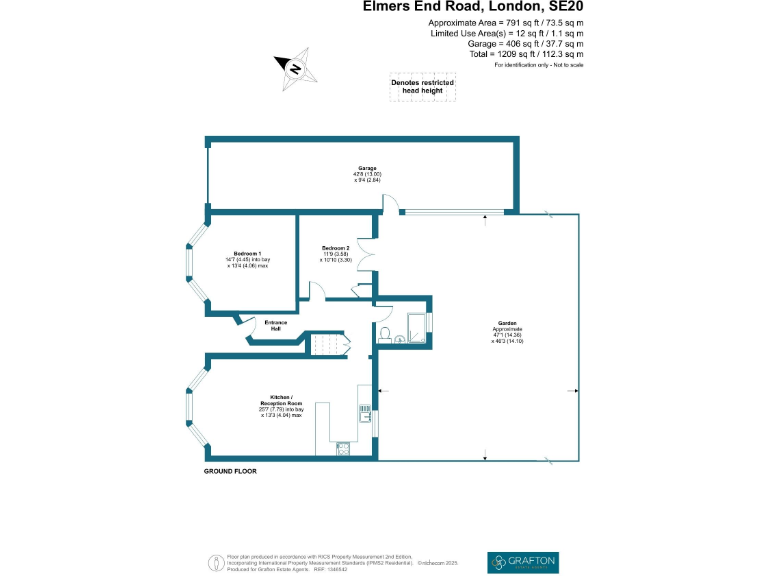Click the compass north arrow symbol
coord(294,68)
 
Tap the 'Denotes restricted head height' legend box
coord(422,87)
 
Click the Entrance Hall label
coord(276,324)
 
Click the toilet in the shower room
coord(384,333)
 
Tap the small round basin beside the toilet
coord(400,339)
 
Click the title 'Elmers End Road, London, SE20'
coord(473,7)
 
